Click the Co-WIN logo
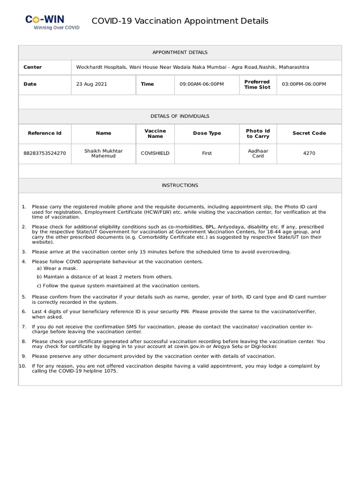coord(52,22)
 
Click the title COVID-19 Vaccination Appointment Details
coord(180,21)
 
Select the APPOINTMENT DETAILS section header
coord(180,52)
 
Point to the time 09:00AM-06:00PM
coord(202,84)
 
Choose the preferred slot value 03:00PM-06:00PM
coord(304,84)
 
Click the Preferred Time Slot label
coord(257,84)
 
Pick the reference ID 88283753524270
coord(45,153)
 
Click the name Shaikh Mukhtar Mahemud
coord(104,153)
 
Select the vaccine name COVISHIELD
coord(155,153)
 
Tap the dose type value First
coord(207,153)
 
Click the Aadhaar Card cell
coord(258,153)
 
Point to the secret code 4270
coord(309,153)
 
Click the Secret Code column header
coord(309,133)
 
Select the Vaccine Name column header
coord(155,133)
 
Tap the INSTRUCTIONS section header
coord(180,186)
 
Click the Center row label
coord(33,67)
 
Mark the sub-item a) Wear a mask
coord(57,269)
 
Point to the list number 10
coord(22,366)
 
